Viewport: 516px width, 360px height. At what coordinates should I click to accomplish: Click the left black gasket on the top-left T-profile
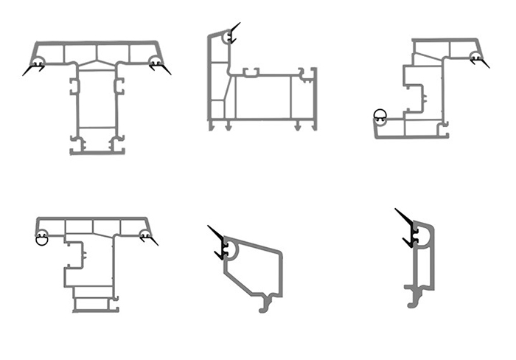click(x=33, y=69)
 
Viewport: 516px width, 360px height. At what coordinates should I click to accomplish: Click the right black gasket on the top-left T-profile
click(x=160, y=68)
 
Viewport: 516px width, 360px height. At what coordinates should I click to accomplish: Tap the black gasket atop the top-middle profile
click(x=233, y=34)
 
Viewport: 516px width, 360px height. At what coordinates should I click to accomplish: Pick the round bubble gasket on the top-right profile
click(x=380, y=114)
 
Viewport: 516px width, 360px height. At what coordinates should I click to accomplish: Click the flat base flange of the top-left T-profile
click(x=97, y=152)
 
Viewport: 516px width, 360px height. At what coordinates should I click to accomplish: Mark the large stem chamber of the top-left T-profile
click(x=97, y=103)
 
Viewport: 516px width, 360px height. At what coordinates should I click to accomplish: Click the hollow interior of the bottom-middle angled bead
click(x=254, y=269)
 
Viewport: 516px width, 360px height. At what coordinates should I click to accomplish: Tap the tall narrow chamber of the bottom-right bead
click(x=422, y=266)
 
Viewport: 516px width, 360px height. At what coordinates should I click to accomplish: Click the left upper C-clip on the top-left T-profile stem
click(x=74, y=86)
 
